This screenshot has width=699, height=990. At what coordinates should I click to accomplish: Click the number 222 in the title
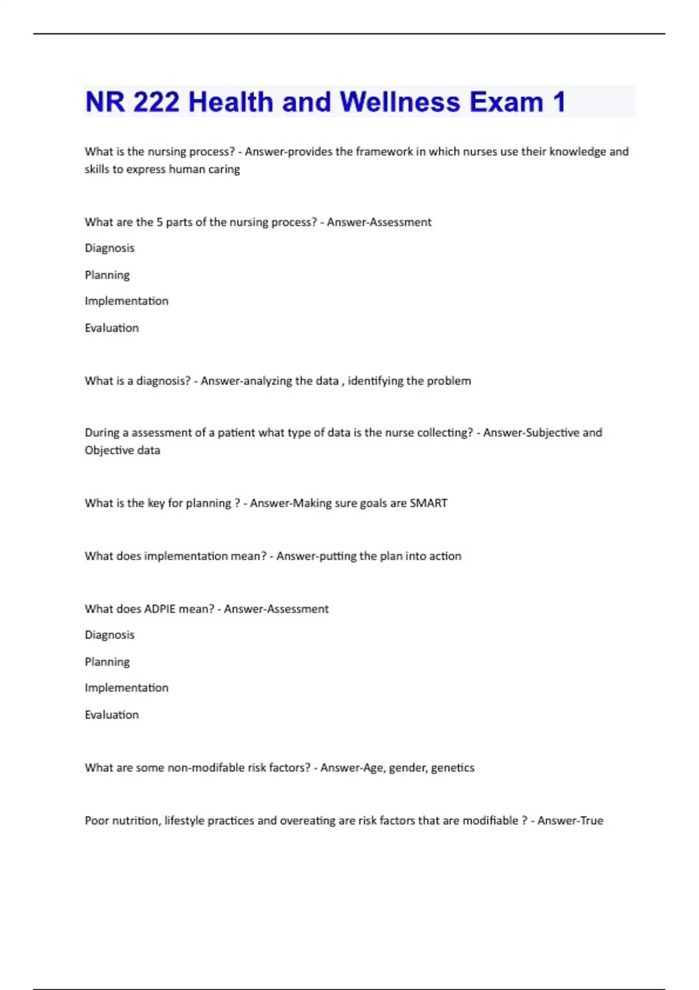coord(156,102)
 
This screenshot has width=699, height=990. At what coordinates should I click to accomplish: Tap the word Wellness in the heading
coord(400,102)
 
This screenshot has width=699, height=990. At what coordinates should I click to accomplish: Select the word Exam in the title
coord(506,102)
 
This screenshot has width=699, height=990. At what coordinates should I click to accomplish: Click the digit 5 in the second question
coord(160,222)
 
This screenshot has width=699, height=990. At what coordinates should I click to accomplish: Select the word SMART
coord(428,503)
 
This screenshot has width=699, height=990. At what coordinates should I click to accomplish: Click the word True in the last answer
coord(592,821)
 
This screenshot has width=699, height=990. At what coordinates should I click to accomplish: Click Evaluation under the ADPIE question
coord(112,715)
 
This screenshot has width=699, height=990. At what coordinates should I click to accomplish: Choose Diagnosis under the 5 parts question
coord(110,248)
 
